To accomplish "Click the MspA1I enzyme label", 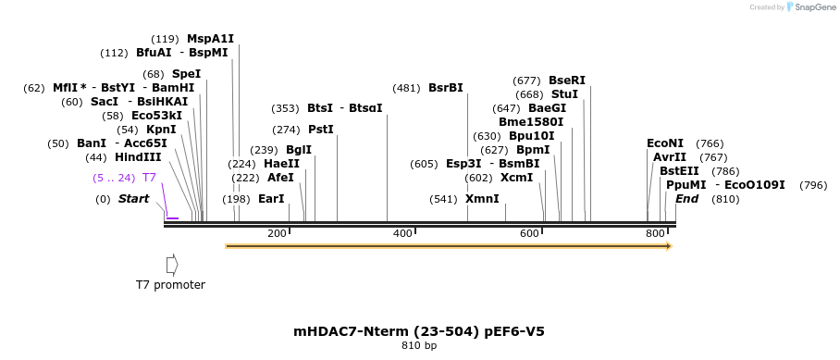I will tap(210, 39).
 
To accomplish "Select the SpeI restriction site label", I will tap(186, 74).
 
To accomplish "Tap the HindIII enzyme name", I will tap(138, 157).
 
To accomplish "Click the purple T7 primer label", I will tap(149, 177).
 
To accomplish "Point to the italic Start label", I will tap(133, 199).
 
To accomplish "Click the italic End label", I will tap(686, 199).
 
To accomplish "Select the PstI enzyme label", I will tap(320, 130).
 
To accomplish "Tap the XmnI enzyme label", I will tap(482, 199).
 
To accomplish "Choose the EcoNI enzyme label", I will tap(665, 143).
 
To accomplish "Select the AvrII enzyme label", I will tap(670, 157).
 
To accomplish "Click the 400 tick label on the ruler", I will tap(402, 233).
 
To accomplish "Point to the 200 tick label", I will tap(277, 233).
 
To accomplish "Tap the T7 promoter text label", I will tap(170, 285).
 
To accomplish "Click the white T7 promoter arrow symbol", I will tap(171, 265).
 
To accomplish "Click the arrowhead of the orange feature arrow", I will tap(668, 246).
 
